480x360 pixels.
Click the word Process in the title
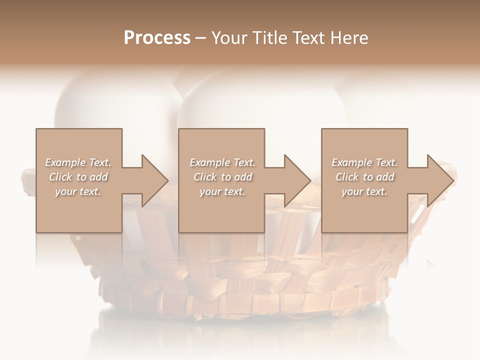tap(157, 38)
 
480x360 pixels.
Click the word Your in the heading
tap(230, 38)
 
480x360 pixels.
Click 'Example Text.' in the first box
tap(78, 162)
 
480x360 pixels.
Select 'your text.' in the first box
tap(78, 191)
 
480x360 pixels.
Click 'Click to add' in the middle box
tap(222, 177)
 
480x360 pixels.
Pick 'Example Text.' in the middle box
tap(222, 162)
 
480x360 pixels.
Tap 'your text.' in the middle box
tap(222, 191)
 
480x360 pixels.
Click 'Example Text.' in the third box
tap(364, 162)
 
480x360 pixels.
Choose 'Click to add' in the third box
tap(364, 177)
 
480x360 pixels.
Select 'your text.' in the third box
tap(364, 191)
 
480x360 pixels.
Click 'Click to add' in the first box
tap(78, 177)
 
